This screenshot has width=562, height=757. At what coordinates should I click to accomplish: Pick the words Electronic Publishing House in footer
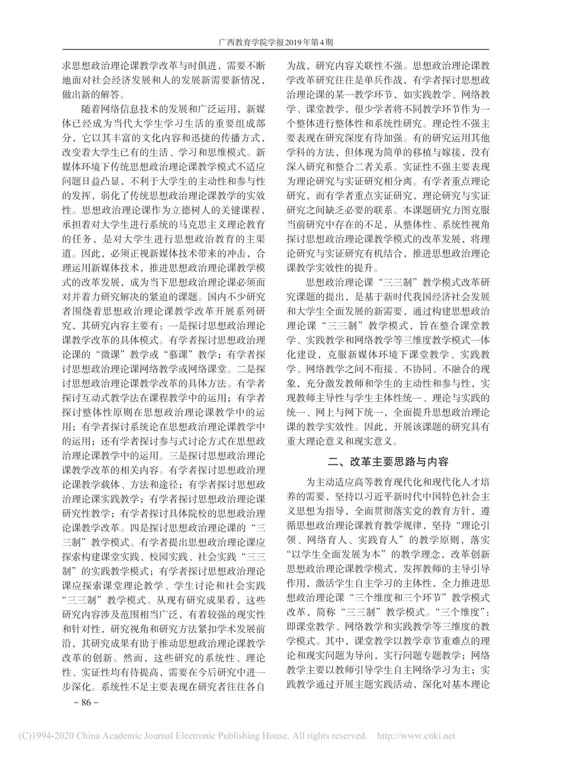pyautogui.click(x=207, y=735)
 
